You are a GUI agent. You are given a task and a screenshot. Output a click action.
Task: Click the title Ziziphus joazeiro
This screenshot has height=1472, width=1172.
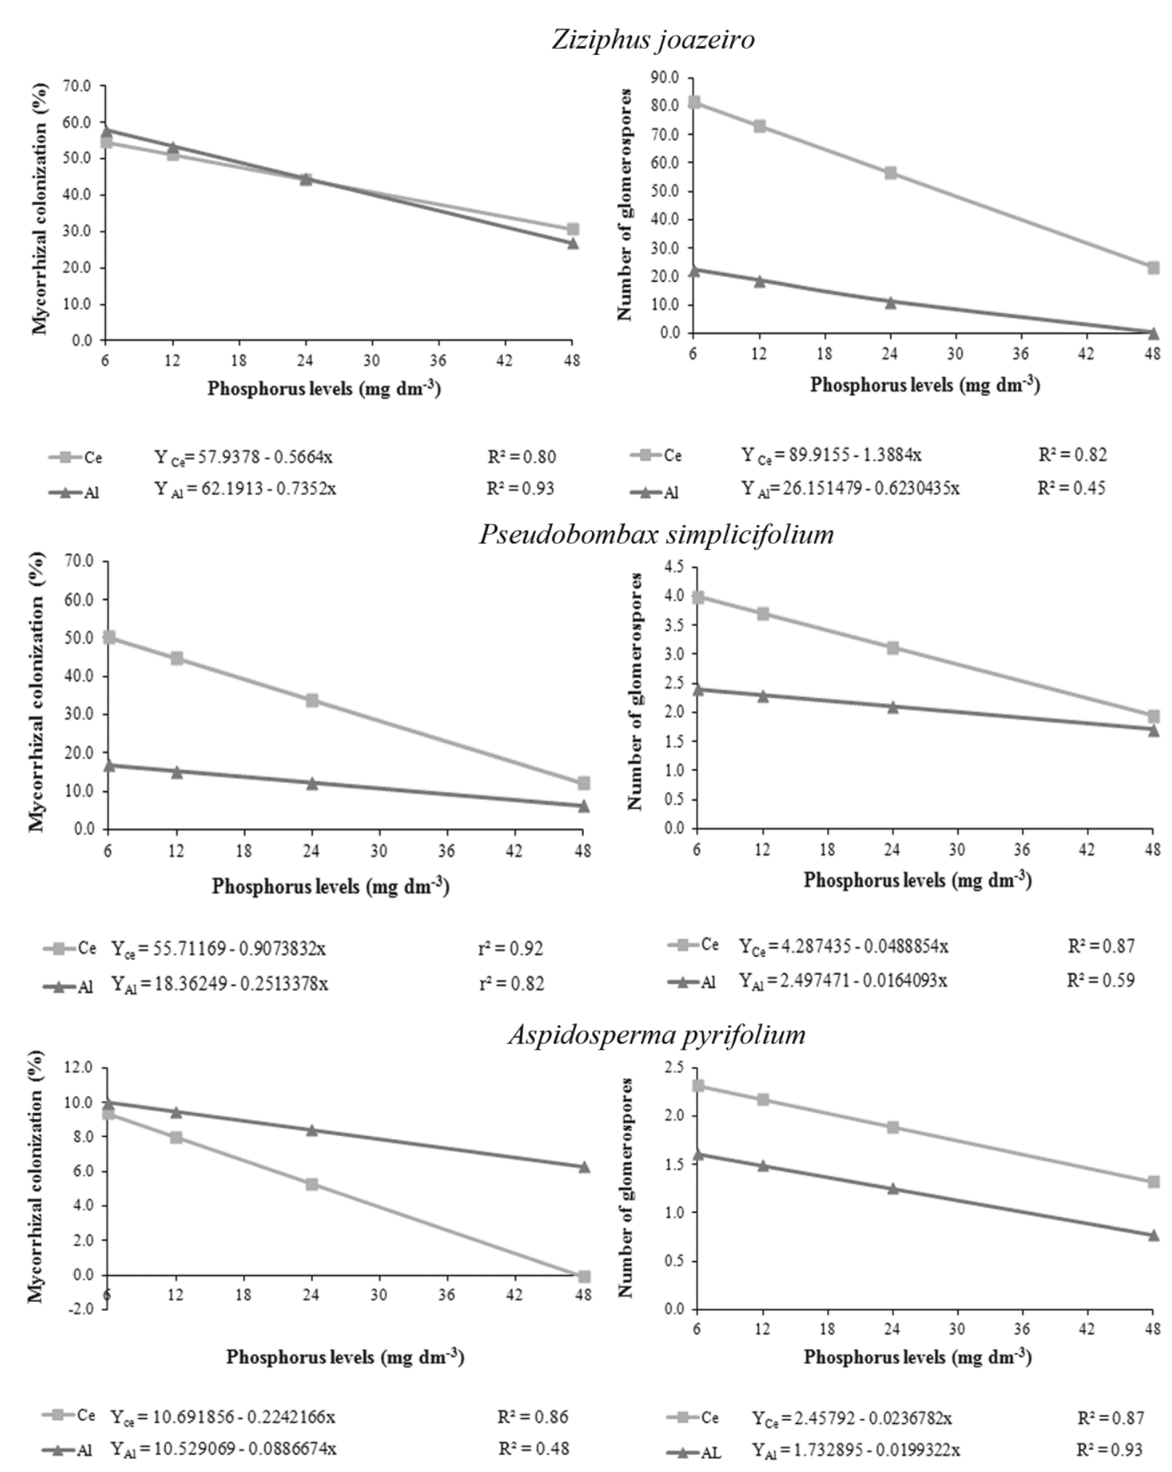[x=653, y=39]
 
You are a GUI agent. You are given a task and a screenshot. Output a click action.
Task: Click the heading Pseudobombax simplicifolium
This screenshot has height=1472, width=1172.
[x=656, y=534]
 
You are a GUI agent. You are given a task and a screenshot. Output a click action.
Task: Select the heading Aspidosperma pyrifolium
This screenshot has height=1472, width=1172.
[x=656, y=1034]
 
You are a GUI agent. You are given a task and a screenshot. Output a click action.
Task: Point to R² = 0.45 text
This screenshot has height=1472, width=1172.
[x=1072, y=488]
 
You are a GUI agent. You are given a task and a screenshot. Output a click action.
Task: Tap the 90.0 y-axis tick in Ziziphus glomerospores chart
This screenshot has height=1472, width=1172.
[x=664, y=77]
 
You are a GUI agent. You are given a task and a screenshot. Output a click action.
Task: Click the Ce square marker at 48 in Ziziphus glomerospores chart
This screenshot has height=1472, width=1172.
[x=1153, y=267]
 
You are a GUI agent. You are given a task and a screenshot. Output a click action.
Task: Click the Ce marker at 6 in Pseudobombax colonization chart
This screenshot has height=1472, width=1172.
[x=109, y=637]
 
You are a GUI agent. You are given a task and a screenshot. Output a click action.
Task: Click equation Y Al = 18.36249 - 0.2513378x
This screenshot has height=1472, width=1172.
[x=220, y=984]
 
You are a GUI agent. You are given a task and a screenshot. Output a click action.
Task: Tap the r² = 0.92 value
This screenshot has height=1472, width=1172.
[x=511, y=949]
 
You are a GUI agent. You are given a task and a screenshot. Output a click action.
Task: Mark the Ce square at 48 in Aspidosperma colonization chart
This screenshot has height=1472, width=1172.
[x=583, y=1276]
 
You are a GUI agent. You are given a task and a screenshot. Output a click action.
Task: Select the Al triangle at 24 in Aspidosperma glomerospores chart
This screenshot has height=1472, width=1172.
[x=892, y=1189]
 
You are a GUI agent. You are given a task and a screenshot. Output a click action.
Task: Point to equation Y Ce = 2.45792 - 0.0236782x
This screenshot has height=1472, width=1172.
[x=852, y=1418]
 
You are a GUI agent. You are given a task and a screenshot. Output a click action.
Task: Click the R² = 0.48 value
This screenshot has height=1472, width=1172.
[x=533, y=1448]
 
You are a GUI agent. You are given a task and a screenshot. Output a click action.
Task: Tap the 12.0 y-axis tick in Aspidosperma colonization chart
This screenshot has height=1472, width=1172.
[x=78, y=1068]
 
